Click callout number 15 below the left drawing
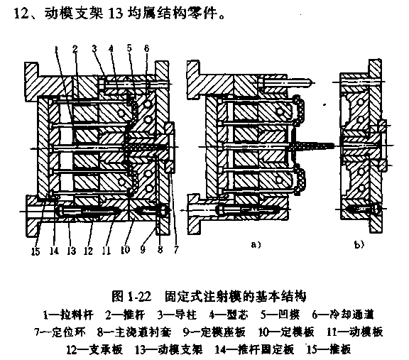[x=36, y=251]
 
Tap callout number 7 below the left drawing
[x=176, y=250]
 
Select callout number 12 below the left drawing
[x=88, y=251]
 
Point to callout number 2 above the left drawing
[x=75, y=48]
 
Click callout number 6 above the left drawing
[x=146, y=48]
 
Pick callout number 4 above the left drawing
[x=111, y=48]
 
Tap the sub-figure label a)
[x=256, y=244]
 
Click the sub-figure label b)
[x=359, y=245]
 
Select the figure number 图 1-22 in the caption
[x=131, y=296]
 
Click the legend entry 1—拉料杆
[x=68, y=315]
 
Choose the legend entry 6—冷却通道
[x=343, y=315]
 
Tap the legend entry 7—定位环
[x=60, y=332]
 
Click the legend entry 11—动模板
[x=355, y=332]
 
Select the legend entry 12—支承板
[x=94, y=349]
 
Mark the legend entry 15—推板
[x=329, y=349]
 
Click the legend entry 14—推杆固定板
[x=254, y=349]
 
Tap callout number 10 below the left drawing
[x=125, y=250]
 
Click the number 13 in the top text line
[x=115, y=13]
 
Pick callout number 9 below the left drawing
[x=143, y=250]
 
